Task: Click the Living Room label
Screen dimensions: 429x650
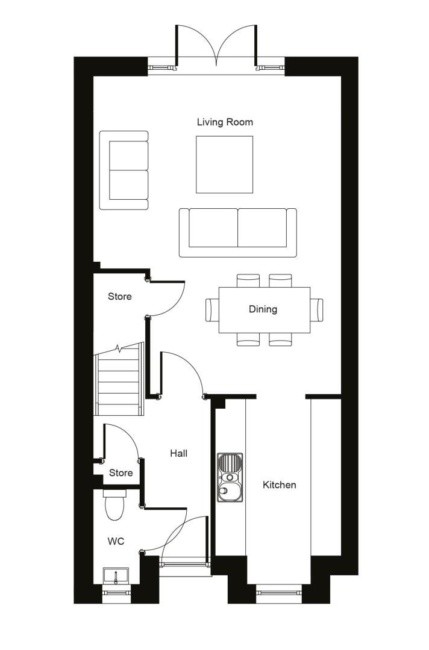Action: click(x=225, y=122)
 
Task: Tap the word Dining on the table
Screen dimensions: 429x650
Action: click(x=263, y=309)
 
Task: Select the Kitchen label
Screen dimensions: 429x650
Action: click(x=279, y=484)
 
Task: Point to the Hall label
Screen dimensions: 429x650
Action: click(x=179, y=454)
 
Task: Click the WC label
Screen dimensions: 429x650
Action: click(x=116, y=541)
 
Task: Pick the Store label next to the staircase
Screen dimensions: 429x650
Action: click(x=120, y=296)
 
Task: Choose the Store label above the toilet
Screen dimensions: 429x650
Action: click(x=121, y=473)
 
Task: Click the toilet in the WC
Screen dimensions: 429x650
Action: click(x=114, y=504)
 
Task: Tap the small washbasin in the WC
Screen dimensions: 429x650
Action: click(x=116, y=576)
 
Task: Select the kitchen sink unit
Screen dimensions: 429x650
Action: click(x=230, y=477)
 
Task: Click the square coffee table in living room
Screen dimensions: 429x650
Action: click(x=225, y=164)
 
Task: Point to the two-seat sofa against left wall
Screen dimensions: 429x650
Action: click(x=124, y=170)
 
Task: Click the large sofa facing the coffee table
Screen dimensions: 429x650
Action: click(x=238, y=232)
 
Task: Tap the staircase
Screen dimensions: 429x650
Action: click(x=119, y=379)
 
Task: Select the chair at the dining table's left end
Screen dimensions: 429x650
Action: click(x=212, y=310)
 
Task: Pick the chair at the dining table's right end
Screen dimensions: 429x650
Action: click(x=316, y=310)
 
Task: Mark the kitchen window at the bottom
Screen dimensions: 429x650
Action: click(x=279, y=588)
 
